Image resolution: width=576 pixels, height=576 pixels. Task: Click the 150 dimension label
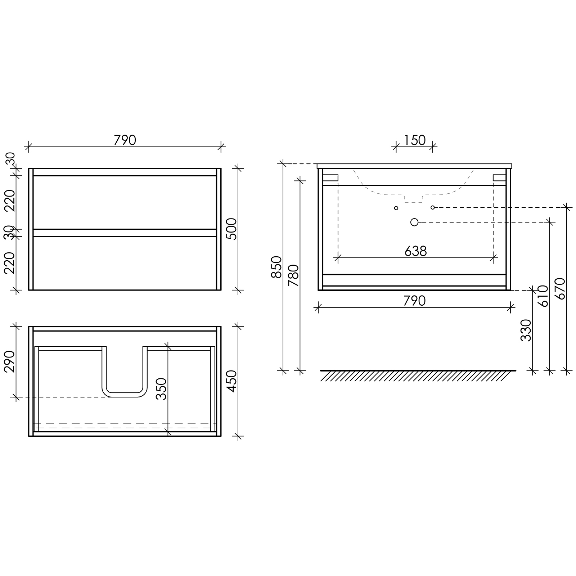(415, 140)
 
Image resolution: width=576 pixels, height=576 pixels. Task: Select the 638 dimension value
(415, 251)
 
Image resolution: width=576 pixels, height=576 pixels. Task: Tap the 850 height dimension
(276, 267)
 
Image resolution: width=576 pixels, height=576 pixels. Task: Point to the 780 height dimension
(293, 275)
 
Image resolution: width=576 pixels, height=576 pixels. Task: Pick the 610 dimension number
(543, 296)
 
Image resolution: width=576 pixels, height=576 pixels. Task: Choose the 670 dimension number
(560, 289)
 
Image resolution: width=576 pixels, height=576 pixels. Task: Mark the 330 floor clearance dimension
(526, 330)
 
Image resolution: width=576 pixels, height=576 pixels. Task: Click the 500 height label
(231, 229)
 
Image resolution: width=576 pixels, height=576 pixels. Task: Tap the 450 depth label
(231, 381)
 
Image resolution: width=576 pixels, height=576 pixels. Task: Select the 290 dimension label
(9, 361)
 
